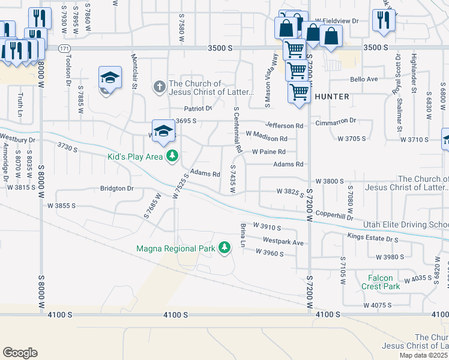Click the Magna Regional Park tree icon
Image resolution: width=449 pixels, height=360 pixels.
pos(224,248)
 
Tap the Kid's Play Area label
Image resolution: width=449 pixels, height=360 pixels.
pos(135,157)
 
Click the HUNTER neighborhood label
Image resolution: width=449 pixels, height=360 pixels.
pos(331,96)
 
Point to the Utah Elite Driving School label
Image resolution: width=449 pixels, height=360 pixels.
pos(406,224)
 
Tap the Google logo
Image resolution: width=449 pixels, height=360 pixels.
pos(19,352)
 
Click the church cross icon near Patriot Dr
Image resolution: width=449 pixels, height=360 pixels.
pos(159,88)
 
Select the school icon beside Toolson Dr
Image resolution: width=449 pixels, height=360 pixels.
pos(110,78)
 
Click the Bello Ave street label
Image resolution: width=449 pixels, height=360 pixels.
pos(364,79)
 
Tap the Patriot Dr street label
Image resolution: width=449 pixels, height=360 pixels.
pos(198,109)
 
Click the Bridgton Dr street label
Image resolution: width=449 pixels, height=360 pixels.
pos(116,188)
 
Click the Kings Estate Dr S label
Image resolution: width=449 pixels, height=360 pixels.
pos(373,238)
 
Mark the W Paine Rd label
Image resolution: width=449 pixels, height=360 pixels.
pos(268,152)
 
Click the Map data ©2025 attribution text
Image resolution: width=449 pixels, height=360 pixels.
pos(423,355)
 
